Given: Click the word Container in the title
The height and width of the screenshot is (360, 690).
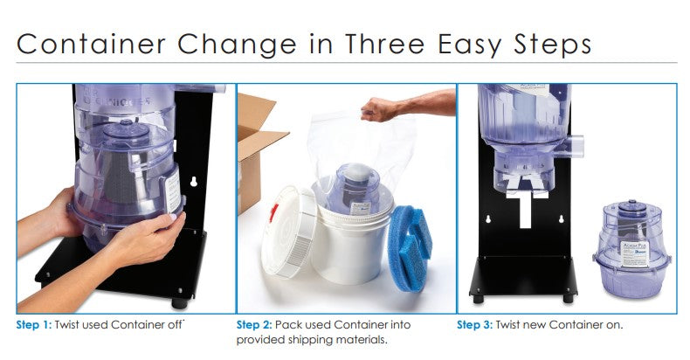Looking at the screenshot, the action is coord(91,44).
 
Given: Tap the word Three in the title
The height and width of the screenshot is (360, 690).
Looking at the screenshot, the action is coord(384,44).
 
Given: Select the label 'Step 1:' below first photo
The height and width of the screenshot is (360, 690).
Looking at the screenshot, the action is coord(34,326).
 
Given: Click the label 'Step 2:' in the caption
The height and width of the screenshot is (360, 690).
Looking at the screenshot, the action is coord(254,326).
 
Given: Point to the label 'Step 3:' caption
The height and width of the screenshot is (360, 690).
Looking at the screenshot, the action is coord(475,326).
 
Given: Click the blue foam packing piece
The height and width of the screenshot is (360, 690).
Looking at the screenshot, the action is coord(410,248).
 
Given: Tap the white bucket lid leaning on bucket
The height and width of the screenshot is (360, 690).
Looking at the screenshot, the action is coord(288,232).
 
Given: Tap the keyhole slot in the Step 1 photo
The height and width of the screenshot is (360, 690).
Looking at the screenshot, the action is coord(193,182).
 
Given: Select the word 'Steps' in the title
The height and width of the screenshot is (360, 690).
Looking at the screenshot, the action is coord(552,45).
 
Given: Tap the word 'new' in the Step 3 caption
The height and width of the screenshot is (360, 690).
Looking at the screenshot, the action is coord(534,326).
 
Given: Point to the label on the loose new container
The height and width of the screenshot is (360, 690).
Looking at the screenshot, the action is coord(635,254).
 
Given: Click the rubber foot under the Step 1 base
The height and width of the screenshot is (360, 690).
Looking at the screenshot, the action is coord(180,303).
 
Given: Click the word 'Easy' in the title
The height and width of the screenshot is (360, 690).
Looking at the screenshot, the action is coord(469,45).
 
